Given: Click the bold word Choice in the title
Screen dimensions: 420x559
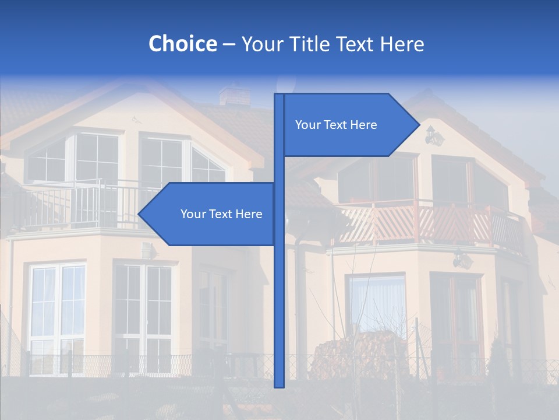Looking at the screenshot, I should (x=182, y=44).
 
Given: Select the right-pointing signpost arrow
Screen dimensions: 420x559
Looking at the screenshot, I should (x=349, y=125).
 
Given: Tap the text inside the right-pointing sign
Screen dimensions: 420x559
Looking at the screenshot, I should (x=336, y=125).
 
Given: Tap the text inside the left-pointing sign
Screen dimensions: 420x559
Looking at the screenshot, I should (x=221, y=214).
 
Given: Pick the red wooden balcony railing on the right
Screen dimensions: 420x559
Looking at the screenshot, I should (x=431, y=225).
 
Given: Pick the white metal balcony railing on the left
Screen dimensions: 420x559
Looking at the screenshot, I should (x=82, y=204).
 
